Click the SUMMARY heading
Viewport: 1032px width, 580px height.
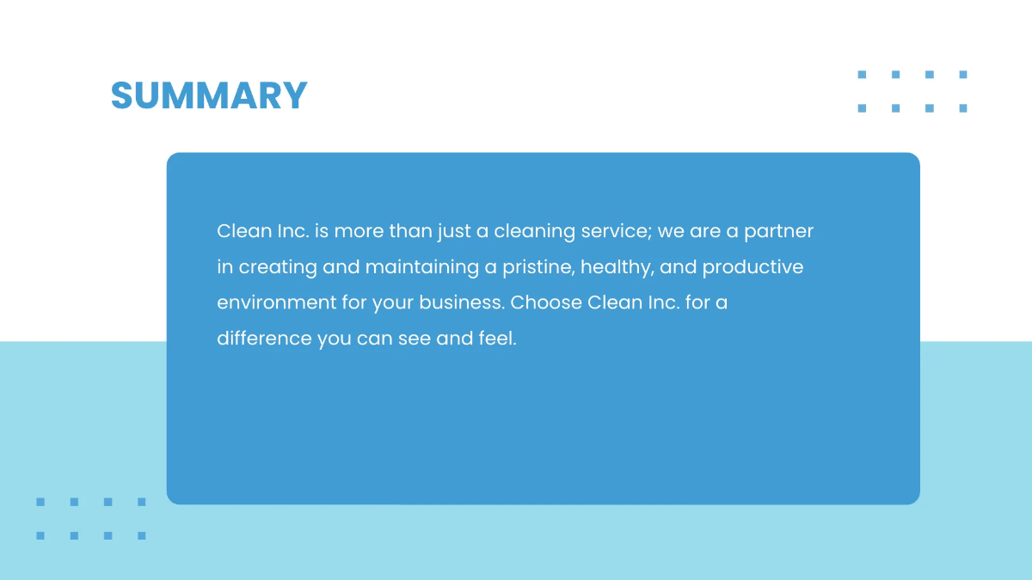coord(209,95)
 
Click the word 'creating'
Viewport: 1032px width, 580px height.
coord(278,267)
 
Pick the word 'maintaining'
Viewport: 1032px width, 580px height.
coord(421,267)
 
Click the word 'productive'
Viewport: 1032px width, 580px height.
coord(752,267)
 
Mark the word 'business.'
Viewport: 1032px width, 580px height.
coord(462,303)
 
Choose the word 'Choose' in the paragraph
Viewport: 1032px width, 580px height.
coord(545,303)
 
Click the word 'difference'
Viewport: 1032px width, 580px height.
coord(264,339)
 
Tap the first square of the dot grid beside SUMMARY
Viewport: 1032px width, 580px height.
coord(862,75)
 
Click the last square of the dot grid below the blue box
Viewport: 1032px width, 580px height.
coord(142,535)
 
